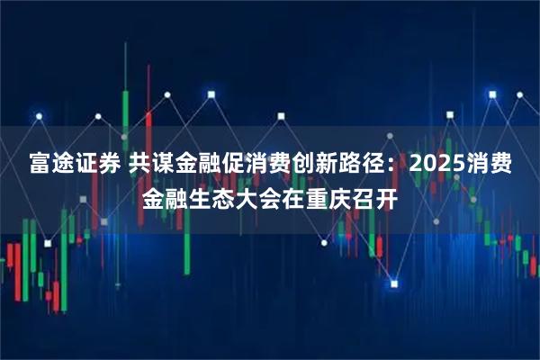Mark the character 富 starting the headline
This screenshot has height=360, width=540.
pos(37,165)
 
